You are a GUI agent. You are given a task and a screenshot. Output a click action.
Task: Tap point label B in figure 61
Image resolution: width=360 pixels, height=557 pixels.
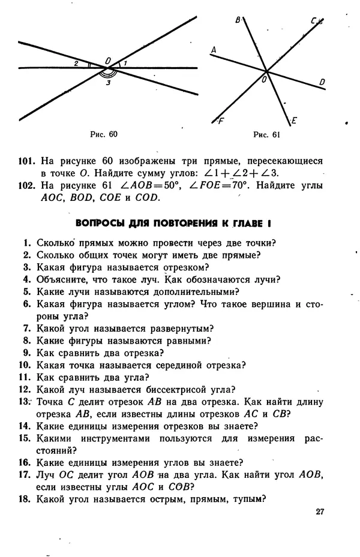pyautogui.click(x=238, y=20)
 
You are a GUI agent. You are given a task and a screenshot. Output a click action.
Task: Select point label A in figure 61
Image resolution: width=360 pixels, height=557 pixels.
pyautogui.click(x=214, y=51)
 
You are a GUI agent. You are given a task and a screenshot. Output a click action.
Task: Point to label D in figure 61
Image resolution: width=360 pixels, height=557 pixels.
pyautogui.click(x=322, y=82)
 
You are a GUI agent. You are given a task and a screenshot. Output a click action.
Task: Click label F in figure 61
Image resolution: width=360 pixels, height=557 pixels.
pyautogui.click(x=221, y=120)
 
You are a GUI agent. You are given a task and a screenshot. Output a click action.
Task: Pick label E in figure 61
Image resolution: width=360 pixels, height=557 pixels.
pyautogui.click(x=295, y=121)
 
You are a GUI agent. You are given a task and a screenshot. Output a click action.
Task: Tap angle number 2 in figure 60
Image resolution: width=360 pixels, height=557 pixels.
pyautogui.click(x=76, y=62)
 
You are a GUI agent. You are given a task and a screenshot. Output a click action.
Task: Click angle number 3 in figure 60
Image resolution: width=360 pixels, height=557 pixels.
pyautogui.click(x=108, y=83)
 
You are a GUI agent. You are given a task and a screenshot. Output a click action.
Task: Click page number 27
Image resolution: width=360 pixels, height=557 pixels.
pyautogui.click(x=319, y=511)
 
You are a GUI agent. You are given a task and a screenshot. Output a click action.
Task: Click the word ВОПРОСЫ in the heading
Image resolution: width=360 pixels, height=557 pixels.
pyautogui.click(x=99, y=224)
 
